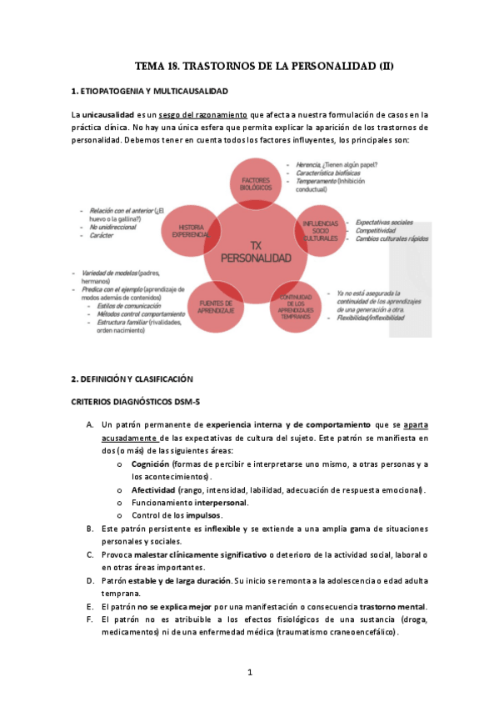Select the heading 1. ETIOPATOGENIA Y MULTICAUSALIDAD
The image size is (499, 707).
[x=151, y=90]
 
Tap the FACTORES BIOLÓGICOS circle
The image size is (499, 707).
[x=257, y=184]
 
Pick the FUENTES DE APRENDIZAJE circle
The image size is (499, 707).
[x=216, y=305]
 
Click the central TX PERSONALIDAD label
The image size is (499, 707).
[x=256, y=253]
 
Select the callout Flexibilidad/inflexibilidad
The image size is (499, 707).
[x=377, y=317]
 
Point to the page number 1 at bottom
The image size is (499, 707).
[x=249, y=671]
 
